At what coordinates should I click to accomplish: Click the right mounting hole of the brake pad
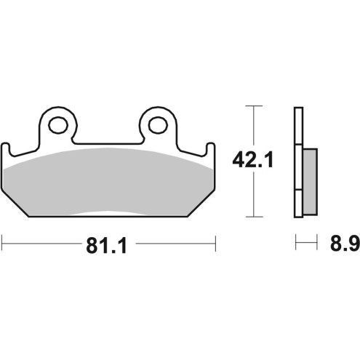coord(157,124)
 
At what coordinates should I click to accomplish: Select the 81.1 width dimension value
coord(107,247)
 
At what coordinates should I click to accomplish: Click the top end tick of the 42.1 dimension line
coord(252,106)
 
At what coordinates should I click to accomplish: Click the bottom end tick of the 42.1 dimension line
coord(252,217)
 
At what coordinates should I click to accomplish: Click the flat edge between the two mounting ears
coord(108,142)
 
